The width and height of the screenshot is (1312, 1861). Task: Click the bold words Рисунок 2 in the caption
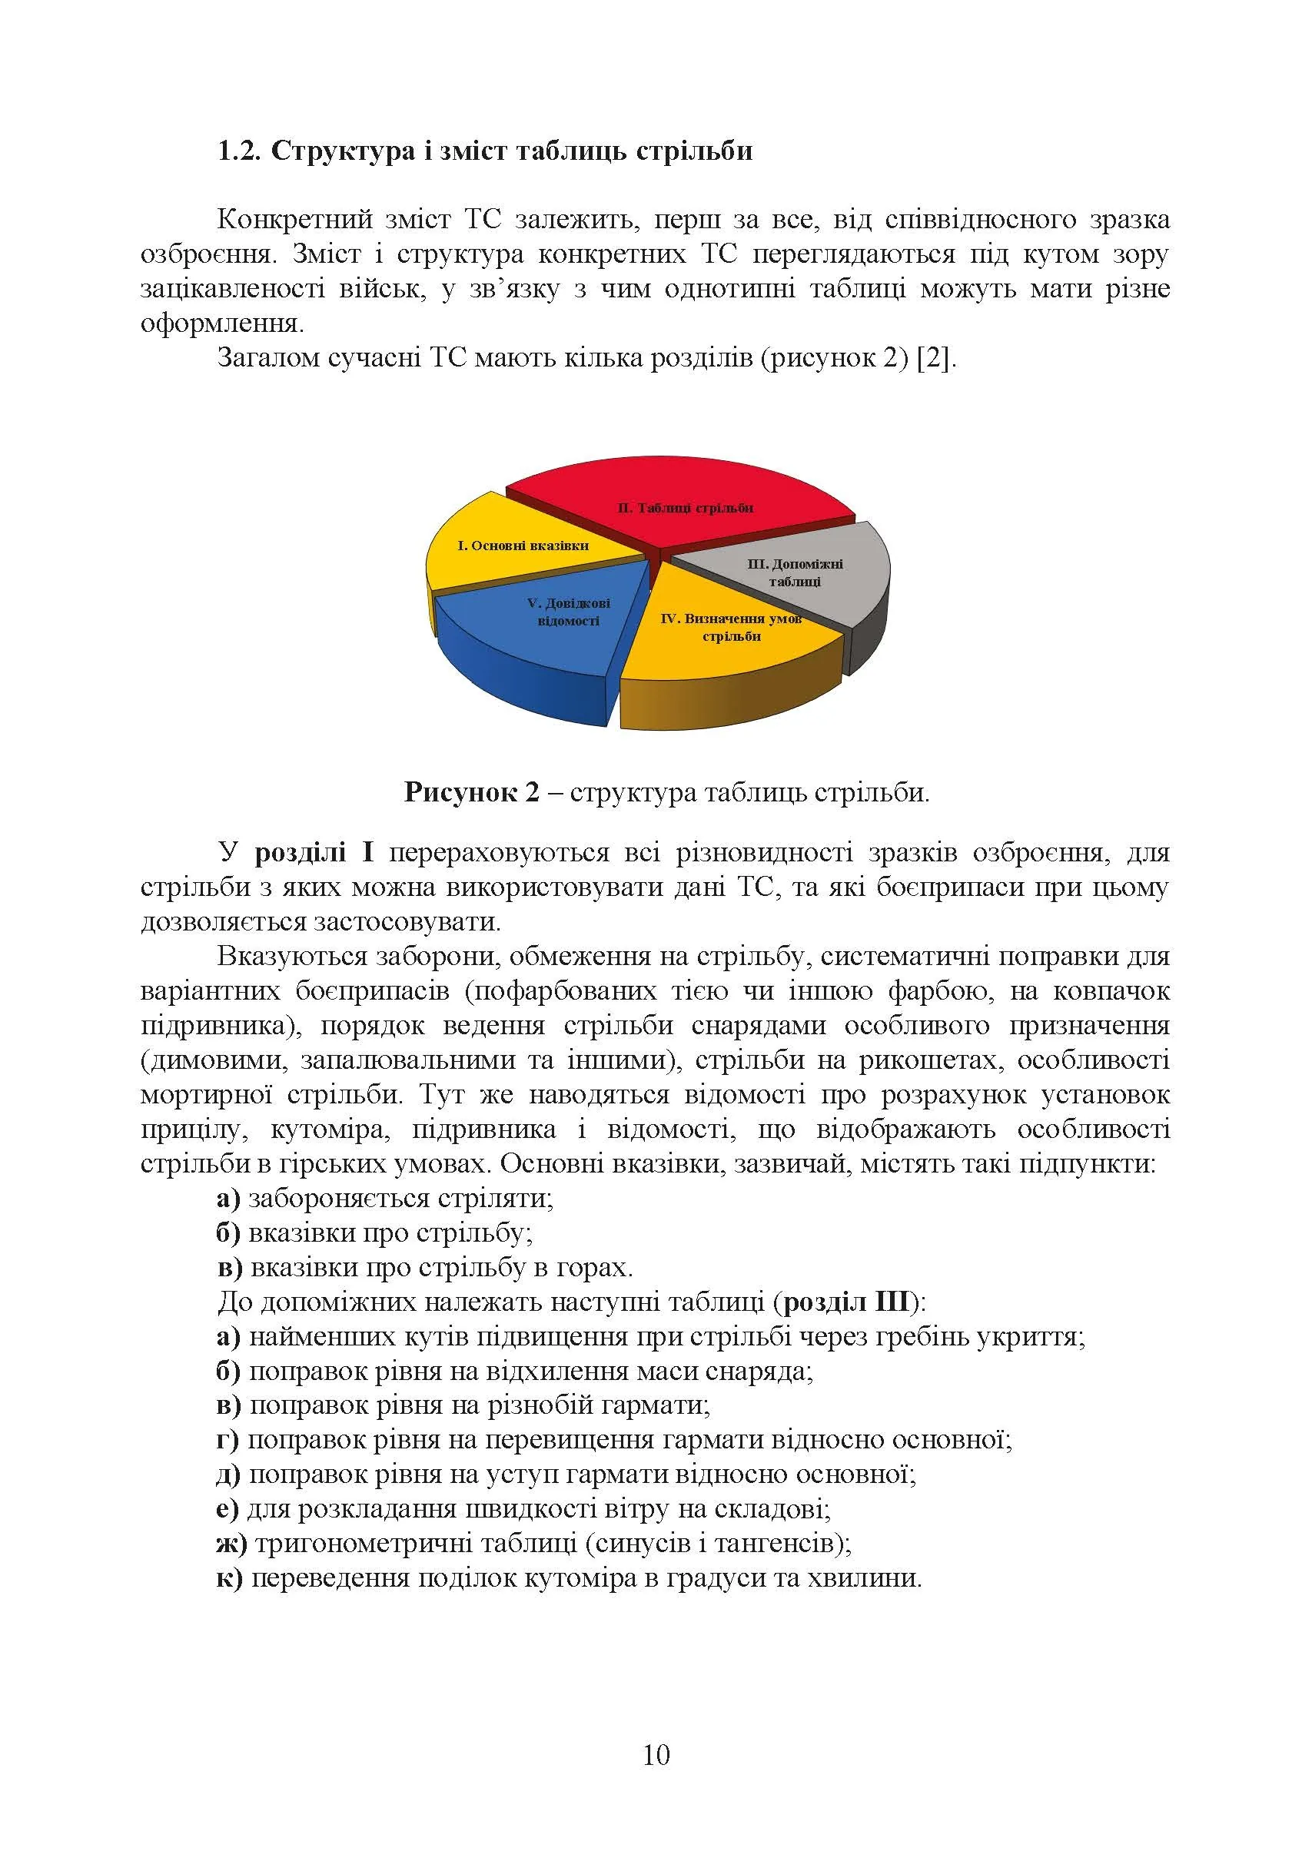coord(471,792)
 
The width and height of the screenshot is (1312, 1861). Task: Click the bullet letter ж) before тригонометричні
coord(231,1544)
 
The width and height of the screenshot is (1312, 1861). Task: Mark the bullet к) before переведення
coord(230,1579)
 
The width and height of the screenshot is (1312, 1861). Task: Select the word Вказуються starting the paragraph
coord(290,957)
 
